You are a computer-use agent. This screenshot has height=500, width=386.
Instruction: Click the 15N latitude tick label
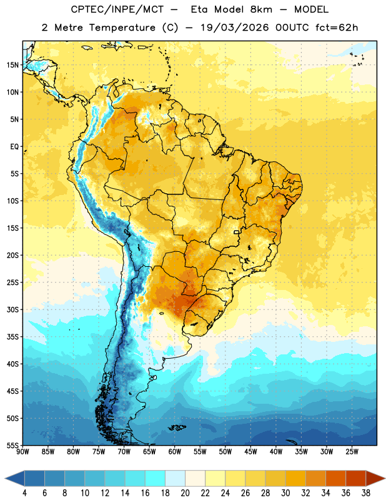click(12, 65)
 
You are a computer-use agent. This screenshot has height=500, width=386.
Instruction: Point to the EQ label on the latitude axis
click(14, 147)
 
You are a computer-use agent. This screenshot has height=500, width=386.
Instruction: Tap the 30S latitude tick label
click(12, 309)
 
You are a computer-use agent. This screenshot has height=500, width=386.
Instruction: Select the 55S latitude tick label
click(12, 446)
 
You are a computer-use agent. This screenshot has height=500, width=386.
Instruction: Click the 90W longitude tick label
click(22, 452)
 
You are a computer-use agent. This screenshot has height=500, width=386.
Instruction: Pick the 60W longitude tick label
click(175, 452)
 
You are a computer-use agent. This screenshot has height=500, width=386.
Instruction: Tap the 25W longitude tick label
click(352, 452)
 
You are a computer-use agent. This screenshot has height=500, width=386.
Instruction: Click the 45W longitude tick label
click(250, 452)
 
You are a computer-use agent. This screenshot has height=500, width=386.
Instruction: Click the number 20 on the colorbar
click(185, 493)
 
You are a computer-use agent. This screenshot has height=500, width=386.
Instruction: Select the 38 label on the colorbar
click(366, 493)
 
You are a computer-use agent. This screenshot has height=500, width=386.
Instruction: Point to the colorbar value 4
click(24, 493)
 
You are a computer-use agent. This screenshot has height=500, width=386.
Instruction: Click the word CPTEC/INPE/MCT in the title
click(117, 9)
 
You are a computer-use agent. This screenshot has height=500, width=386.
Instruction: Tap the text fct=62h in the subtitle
click(337, 27)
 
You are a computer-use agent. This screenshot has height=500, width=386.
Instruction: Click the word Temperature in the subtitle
click(122, 27)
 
